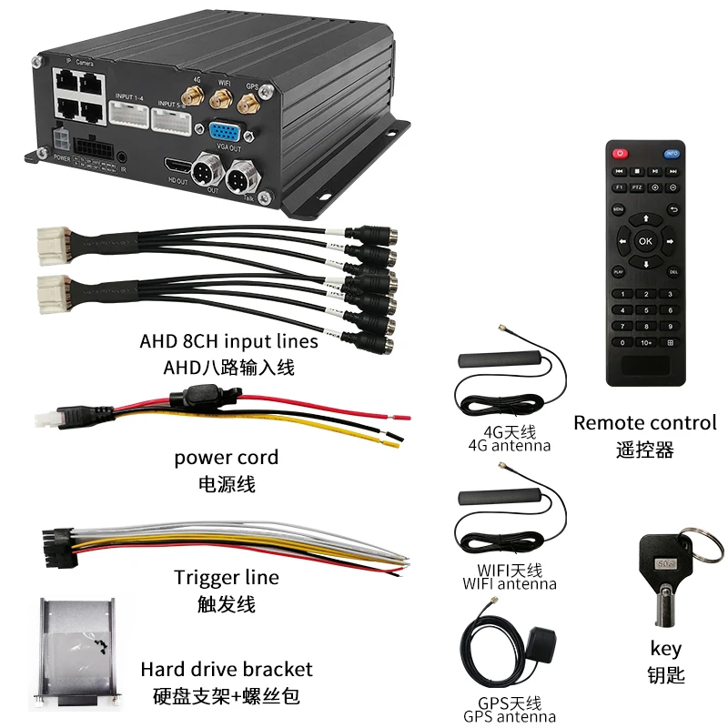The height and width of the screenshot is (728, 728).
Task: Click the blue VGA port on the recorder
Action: pos(222,131)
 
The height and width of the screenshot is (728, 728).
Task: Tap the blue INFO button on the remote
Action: pos(673,153)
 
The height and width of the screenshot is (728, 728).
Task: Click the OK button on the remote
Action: pos(645,241)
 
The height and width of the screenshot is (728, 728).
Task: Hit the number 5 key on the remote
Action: pos(645,309)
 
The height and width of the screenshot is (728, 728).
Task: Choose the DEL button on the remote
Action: pos(673,271)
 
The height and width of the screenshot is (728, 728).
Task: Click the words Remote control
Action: pos(645,423)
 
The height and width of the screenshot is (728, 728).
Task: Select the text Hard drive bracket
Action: pos(226,670)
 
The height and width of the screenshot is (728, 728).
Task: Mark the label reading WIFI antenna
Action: pos(509,584)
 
